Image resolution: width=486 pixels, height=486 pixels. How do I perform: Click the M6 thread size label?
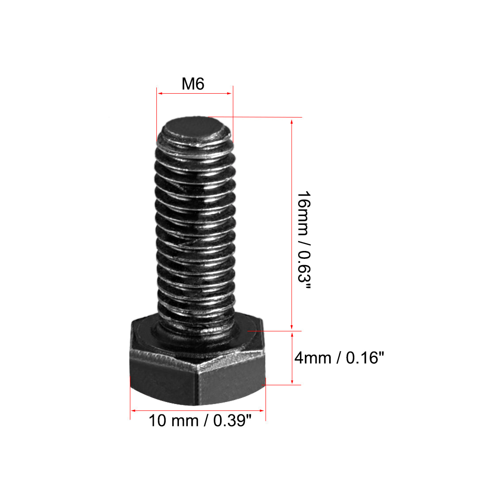click(193, 84)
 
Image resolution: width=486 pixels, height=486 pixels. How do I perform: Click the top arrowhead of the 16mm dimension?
click(291, 121)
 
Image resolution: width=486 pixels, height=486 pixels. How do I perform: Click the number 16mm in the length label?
click(304, 210)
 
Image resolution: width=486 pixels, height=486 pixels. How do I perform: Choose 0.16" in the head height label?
click(362, 357)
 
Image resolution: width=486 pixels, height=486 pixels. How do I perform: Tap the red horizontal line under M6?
click(195, 93)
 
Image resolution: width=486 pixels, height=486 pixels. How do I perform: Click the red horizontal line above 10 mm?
click(197, 410)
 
